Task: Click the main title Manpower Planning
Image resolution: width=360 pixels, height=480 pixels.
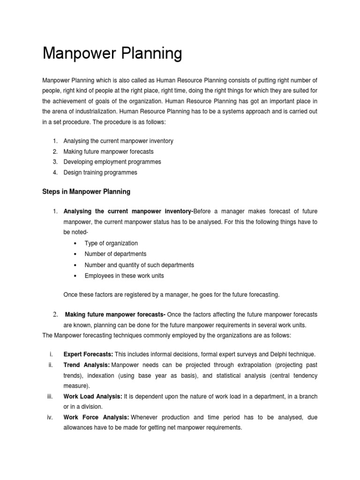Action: point(112,53)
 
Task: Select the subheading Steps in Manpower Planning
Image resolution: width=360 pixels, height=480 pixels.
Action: point(86,192)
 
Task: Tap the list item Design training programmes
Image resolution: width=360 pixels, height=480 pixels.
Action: point(100,172)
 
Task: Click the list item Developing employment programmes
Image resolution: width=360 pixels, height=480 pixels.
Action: point(112,162)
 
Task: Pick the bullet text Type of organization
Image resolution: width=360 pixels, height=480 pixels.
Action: point(111,243)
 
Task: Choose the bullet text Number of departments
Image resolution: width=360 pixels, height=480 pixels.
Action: point(115,254)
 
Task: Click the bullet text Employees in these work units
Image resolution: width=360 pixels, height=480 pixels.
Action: point(124,276)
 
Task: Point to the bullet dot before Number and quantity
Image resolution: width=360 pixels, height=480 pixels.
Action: point(75,265)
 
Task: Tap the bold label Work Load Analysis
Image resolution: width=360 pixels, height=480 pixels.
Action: point(92,397)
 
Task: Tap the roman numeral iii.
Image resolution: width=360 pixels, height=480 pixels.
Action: point(50,397)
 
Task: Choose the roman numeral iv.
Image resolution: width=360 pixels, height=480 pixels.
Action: point(50,417)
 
